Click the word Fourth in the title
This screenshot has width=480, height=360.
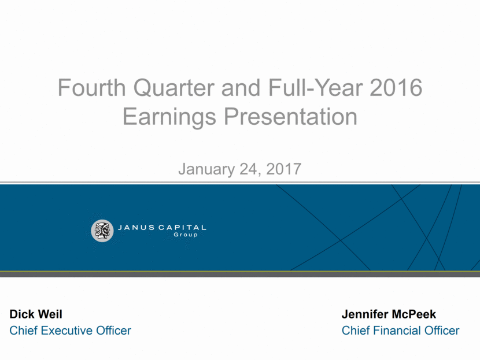pos(92,88)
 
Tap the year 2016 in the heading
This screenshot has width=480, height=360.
pos(396,88)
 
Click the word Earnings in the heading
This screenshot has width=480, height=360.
pos(169,117)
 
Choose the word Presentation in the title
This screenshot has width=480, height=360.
pos(290,117)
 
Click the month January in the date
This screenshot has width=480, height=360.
pos(206,169)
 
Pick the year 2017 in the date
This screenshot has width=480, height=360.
pos(284,169)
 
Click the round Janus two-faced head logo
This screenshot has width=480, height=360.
pos(102,231)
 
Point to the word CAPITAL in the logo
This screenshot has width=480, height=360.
pos(182,228)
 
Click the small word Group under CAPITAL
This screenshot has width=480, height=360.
pos(186,235)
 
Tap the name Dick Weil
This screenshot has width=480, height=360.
pos(36,314)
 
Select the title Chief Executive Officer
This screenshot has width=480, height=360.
pos(70,331)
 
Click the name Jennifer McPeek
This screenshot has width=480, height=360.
pos(389,314)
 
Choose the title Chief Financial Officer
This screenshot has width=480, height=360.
pos(400,331)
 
